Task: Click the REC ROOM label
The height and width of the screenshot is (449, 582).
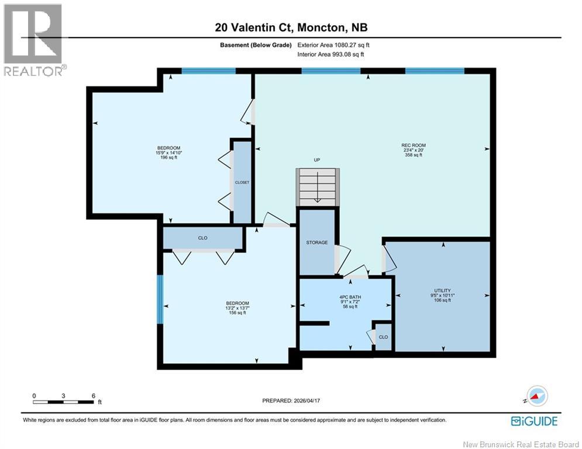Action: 414,146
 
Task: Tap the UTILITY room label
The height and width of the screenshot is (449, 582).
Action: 442,291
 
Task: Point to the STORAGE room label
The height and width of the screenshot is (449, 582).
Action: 317,242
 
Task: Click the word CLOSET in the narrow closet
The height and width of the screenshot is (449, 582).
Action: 242,182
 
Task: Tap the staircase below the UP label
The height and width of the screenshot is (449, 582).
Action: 318,187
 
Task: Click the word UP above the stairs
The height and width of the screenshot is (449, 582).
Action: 317,160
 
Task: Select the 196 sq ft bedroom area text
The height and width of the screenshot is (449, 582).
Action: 168,157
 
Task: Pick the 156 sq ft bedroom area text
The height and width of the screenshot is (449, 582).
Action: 237,313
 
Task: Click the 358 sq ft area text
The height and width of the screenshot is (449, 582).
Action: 414,155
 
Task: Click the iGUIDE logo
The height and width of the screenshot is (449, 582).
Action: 534,421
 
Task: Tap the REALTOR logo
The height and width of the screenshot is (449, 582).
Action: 33,40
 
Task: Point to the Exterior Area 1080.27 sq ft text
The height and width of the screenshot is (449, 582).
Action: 333,45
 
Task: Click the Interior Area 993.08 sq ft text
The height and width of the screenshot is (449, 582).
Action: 330,54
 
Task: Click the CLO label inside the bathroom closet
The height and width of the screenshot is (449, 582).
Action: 384,337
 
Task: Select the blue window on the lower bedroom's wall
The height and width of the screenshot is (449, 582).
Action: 160,299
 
